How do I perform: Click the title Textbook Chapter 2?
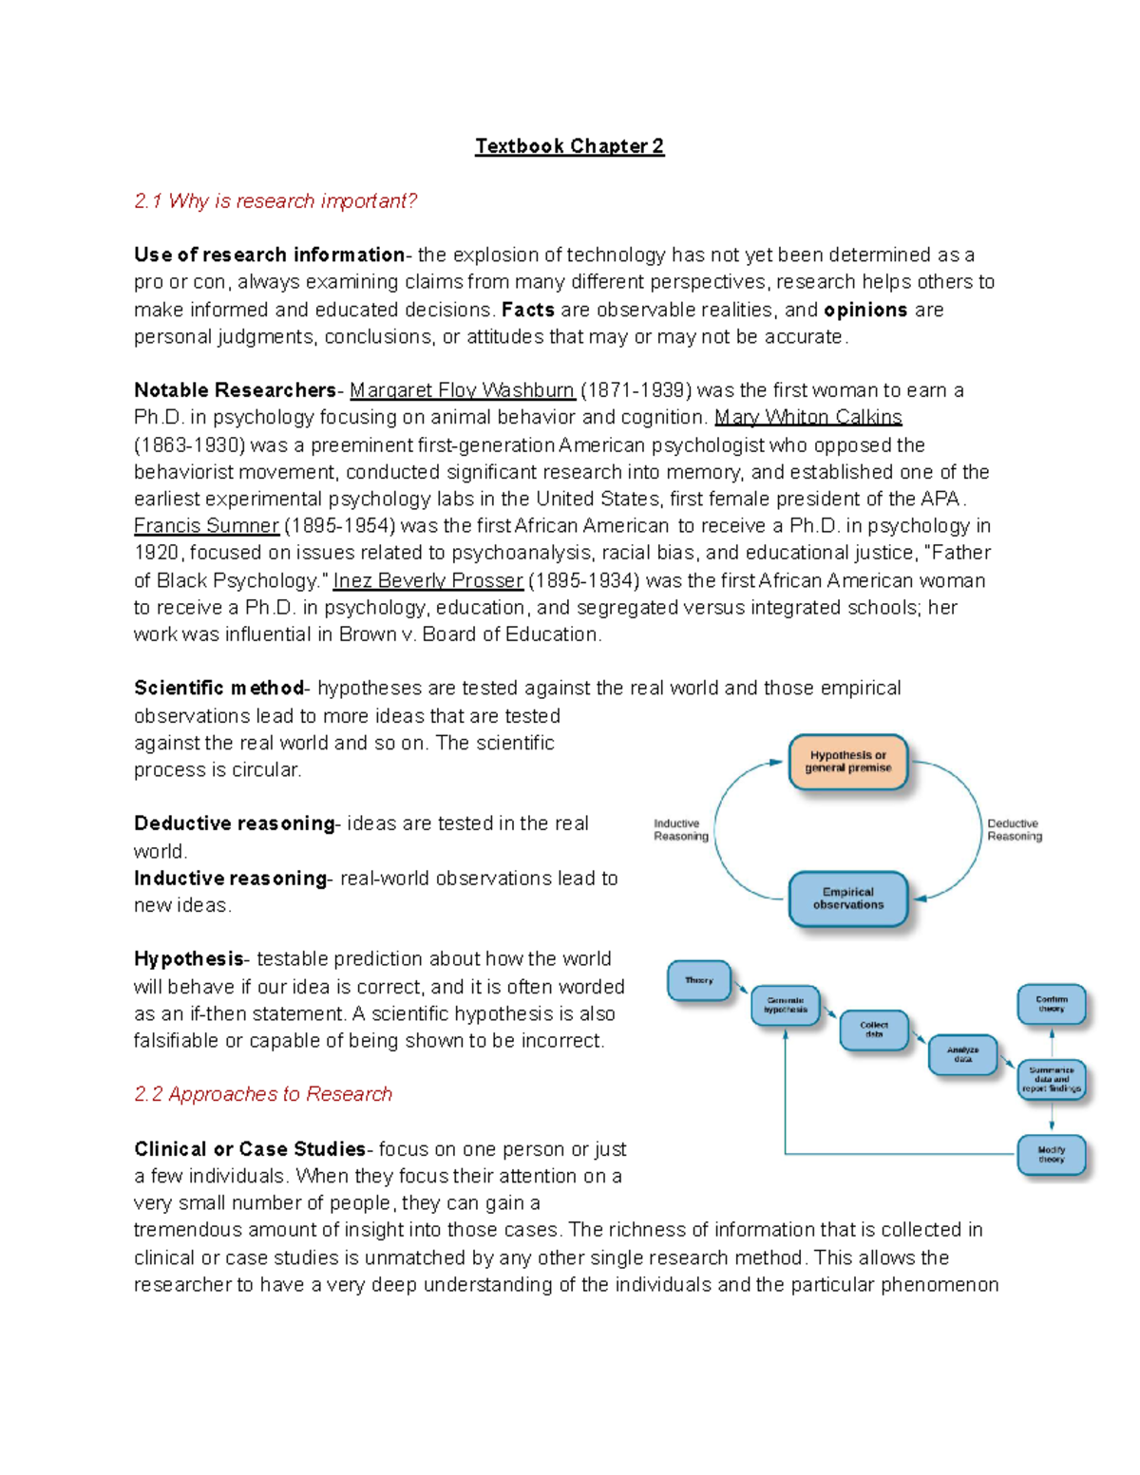pyautogui.click(x=569, y=146)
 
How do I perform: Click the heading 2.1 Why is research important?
pyautogui.click(x=275, y=201)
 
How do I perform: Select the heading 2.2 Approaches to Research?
pyautogui.click(x=263, y=1094)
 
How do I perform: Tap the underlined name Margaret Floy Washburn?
pyautogui.click(x=462, y=390)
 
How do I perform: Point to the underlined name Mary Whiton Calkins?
pyautogui.click(x=807, y=417)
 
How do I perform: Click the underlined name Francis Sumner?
pyautogui.click(x=206, y=526)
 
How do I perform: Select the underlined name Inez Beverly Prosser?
pyautogui.click(x=427, y=580)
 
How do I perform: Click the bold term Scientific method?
pyautogui.click(x=218, y=688)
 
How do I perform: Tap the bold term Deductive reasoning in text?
pyautogui.click(x=234, y=823)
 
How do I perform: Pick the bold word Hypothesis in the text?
pyautogui.click(x=188, y=959)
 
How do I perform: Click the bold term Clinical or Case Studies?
pyautogui.click(x=249, y=1149)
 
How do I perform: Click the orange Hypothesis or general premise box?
pyautogui.click(x=847, y=762)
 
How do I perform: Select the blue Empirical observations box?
pyautogui.click(x=847, y=898)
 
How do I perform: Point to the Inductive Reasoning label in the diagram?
pyautogui.click(x=680, y=830)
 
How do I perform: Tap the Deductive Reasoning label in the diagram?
pyautogui.click(x=1014, y=830)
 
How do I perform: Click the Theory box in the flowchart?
pyautogui.click(x=699, y=980)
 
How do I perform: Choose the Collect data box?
pyautogui.click(x=873, y=1030)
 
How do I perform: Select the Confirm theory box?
pyautogui.click(x=1051, y=1004)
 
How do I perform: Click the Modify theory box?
pyautogui.click(x=1051, y=1155)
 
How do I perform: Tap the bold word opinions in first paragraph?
pyautogui.click(x=865, y=310)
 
